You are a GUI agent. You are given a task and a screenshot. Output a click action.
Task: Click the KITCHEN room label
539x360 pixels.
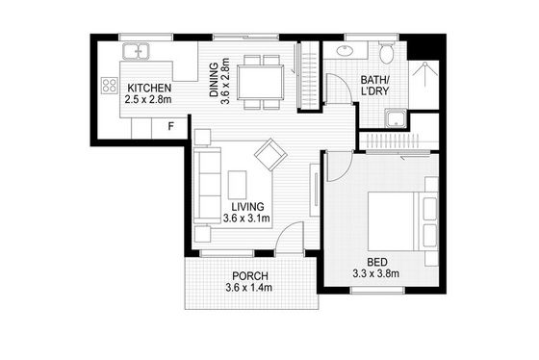pos(149,88)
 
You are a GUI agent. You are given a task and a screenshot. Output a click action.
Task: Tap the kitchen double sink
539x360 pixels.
pos(136,51)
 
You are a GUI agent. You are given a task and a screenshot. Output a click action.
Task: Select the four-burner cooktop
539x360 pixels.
pos(110,86)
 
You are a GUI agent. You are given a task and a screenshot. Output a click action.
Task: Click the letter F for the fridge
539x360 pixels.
pos(171,126)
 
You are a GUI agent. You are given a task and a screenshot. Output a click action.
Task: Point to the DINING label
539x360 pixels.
pos(214,80)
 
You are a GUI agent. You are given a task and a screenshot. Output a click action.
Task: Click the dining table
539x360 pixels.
pos(260,82)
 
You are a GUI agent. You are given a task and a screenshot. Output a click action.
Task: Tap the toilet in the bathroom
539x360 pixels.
pos(387,53)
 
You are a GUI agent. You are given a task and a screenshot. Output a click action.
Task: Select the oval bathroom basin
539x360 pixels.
pos(345,51)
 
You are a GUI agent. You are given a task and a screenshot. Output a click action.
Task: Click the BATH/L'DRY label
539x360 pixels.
pos(374,86)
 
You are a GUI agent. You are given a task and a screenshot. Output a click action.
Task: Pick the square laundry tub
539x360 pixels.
pos(396,118)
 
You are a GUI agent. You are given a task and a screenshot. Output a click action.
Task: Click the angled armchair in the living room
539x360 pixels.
pos(270,154)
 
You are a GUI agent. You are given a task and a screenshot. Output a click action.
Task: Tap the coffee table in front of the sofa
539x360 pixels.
pos(237,184)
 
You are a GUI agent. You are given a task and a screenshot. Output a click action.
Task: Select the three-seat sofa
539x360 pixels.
pos(207,186)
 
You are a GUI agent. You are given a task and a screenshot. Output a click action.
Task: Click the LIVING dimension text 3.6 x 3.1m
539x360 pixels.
pos(246,218)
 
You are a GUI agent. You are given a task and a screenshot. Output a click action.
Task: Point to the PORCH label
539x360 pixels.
pos(250,275)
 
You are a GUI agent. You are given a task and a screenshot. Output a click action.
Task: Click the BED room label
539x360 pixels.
pos(377,262)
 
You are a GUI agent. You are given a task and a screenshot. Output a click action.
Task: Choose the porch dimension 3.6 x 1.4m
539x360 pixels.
pos(249,288)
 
